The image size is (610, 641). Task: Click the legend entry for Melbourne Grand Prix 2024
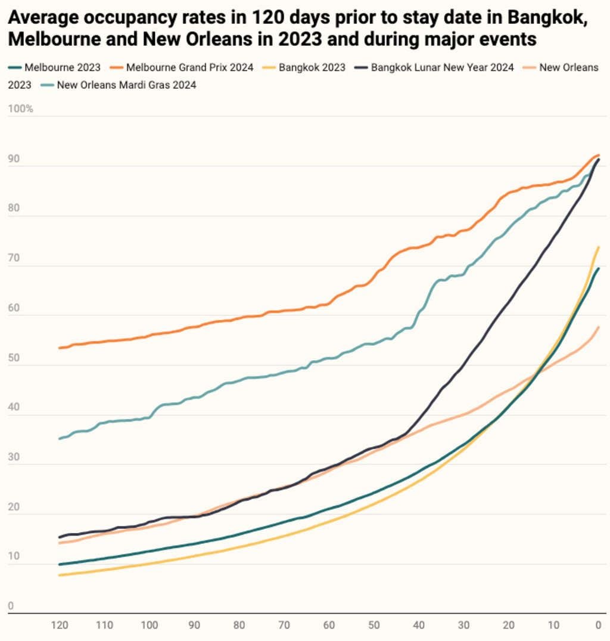(189, 67)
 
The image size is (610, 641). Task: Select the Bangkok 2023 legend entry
(312, 67)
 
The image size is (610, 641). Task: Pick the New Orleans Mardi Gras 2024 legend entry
(126, 85)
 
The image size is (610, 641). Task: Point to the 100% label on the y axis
(20, 109)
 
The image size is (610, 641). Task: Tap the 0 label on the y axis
(11, 607)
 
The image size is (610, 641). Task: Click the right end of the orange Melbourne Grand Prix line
(598, 156)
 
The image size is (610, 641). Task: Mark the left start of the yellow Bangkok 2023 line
(59, 575)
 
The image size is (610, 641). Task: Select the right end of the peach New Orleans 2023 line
(598, 327)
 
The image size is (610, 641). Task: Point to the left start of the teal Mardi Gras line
(59, 438)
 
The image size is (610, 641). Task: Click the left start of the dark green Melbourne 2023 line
(59, 564)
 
